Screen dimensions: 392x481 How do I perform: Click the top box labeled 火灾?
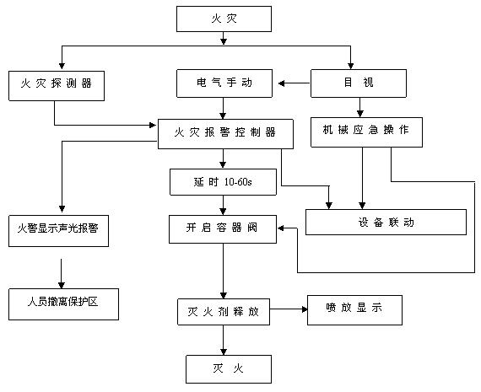click(x=224, y=18)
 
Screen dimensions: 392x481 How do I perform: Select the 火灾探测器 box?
click(x=57, y=83)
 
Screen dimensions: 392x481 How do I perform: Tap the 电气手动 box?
click(x=225, y=83)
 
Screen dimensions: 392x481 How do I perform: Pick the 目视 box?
click(x=360, y=83)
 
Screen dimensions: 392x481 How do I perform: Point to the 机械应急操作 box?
click(x=365, y=130)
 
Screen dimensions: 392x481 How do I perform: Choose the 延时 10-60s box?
click(x=224, y=181)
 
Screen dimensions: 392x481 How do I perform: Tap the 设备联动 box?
click(x=386, y=223)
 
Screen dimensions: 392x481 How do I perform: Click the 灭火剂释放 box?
click(x=223, y=310)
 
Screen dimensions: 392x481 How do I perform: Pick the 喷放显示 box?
click(x=354, y=309)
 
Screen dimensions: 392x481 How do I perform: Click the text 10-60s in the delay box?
click(x=238, y=181)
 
